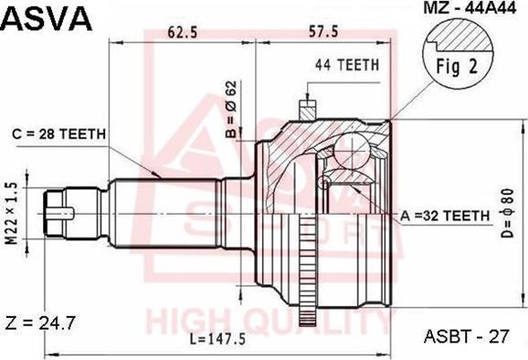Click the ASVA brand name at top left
click(x=47, y=16)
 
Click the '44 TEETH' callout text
click(x=346, y=65)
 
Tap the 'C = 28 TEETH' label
click(x=59, y=133)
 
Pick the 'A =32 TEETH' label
click(x=445, y=215)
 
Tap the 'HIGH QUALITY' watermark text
click(x=265, y=322)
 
